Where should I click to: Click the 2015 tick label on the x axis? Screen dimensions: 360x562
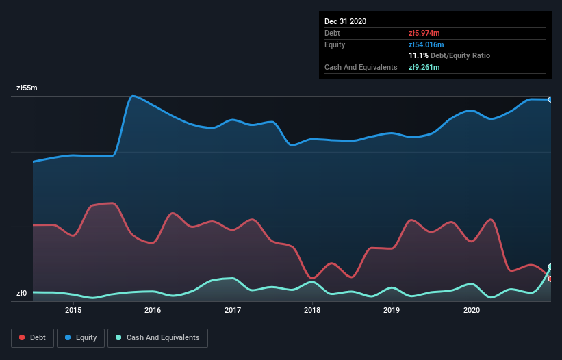coord(73,310)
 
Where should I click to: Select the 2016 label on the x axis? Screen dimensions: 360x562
coord(153,310)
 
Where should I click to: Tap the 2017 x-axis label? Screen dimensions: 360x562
coord(233,310)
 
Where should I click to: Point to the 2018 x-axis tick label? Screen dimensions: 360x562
coord(312,310)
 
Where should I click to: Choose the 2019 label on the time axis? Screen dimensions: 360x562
coord(392,310)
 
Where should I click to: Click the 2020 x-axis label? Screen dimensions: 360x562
coord(472,310)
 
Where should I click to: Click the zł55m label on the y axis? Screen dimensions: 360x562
coord(27,88)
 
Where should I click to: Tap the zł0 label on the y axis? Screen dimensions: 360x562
coord(21,294)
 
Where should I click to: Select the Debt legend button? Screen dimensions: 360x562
coord(32,337)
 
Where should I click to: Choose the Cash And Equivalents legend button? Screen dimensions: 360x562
coord(157,337)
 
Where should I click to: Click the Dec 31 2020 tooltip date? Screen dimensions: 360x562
coord(345,21)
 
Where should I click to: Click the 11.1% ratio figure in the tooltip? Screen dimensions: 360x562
coord(418,55)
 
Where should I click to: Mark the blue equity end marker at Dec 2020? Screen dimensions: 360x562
coord(550,99)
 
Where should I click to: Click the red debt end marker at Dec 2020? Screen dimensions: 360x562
coord(550,279)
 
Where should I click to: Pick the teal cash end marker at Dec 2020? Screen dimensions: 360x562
coord(550,267)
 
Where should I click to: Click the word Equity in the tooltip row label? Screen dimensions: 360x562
coord(335,44)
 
